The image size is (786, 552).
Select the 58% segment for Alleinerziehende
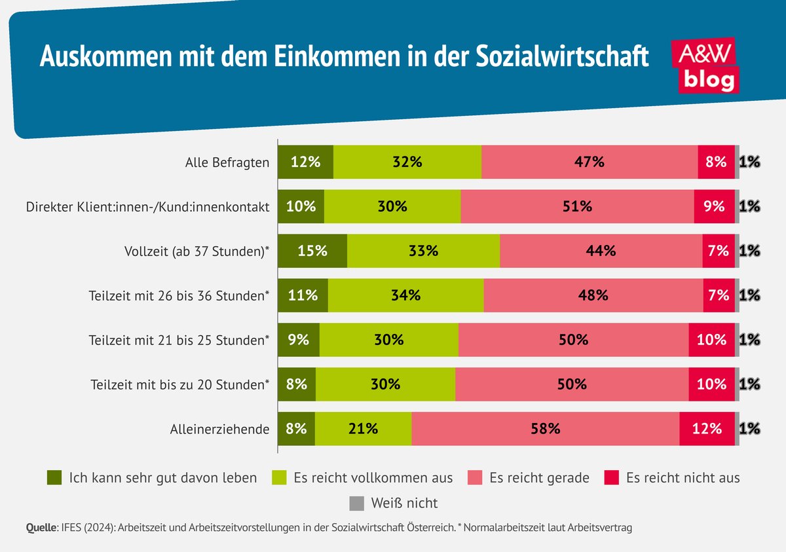pos(545,429)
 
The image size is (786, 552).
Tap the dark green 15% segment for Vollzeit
pos(312,251)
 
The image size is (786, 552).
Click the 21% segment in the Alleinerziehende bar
pos(363,429)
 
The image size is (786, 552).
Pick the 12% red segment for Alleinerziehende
pos(707,429)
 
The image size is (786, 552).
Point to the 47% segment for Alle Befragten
pos(589,162)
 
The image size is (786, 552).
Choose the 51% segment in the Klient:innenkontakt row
pos(577,206)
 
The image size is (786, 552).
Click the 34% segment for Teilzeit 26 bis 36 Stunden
pos(405,295)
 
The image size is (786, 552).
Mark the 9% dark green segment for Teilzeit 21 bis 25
pos(299,340)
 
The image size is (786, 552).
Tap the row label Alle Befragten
pos(227,162)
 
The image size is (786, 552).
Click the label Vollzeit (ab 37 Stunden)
pos(197,251)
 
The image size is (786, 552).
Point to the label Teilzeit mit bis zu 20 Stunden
pos(179,385)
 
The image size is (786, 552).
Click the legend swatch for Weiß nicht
pos(356,503)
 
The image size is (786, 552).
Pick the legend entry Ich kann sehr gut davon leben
pos(152,477)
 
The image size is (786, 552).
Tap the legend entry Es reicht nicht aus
pos(671,477)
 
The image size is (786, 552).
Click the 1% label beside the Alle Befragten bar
pos(749,162)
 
